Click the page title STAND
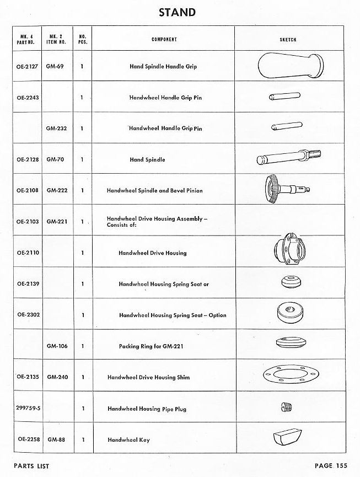[177, 12]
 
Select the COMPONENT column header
[164, 40]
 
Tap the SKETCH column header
[288, 40]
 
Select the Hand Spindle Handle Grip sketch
[288, 66]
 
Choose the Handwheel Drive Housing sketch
[288, 251]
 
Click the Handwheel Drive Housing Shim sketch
[288, 377]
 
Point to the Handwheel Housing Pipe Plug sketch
[286, 408]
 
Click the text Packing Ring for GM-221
[151, 347]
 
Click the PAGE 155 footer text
[331, 466]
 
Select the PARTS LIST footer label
[32, 466]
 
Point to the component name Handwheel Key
[128, 440]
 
